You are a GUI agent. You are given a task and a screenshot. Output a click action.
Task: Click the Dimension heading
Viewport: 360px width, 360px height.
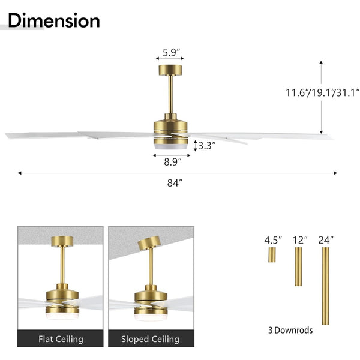(54, 20)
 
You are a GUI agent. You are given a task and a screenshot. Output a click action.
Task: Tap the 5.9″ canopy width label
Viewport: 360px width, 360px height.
(171, 53)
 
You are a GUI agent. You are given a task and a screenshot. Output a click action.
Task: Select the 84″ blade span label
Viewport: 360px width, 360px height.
(175, 183)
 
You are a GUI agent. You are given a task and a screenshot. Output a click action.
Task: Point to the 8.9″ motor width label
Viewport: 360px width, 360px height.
(173, 162)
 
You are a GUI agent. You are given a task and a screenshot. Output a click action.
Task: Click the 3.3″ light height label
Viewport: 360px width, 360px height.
(207, 146)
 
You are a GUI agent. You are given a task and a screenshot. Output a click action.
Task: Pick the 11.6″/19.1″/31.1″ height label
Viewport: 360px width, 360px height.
(322, 93)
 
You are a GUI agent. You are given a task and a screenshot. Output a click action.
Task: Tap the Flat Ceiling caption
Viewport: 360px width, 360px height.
(61, 339)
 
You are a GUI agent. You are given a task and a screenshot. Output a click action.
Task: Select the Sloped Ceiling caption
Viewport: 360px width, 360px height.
(150, 339)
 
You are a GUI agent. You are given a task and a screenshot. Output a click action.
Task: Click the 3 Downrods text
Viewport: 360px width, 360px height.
(290, 330)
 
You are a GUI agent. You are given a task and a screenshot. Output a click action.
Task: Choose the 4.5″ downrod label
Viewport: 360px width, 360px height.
(273, 241)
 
